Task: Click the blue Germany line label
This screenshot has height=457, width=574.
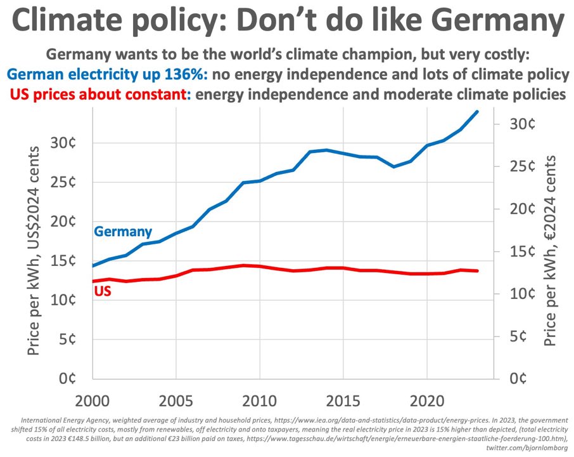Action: coord(123,232)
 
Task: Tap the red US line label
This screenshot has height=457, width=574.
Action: coord(103,292)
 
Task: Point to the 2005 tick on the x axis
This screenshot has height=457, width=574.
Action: coord(175,401)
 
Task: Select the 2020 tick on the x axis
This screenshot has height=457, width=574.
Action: coord(426,401)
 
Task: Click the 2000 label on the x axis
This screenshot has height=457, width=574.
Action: coord(92,401)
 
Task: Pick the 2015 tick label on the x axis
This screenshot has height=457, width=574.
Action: coord(342,401)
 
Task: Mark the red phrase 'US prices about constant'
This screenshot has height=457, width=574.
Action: coord(99,95)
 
